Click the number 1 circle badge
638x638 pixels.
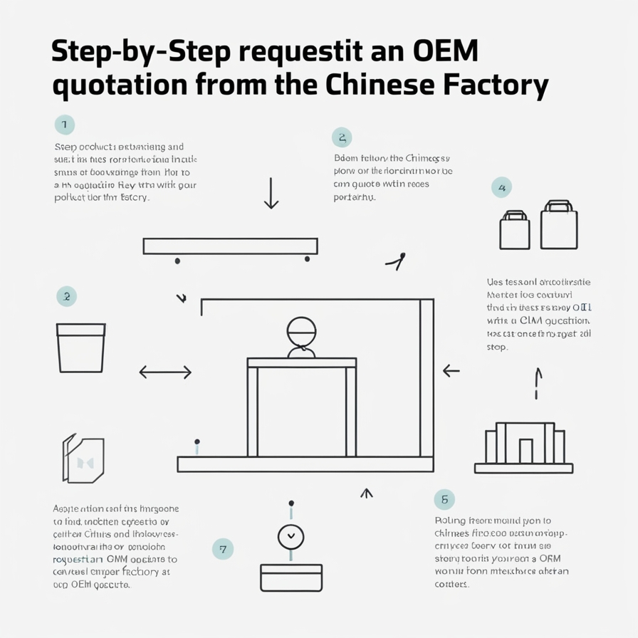click(64, 125)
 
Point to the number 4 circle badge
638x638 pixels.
click(502, 188)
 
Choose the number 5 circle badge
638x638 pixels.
click(444, 499)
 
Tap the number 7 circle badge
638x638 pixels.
click(223, 549)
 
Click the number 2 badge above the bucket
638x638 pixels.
click(66, 296)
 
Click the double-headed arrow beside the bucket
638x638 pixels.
click(165, 372)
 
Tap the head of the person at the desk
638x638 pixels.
click(301, 331)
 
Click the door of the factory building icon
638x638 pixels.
click(525, 451)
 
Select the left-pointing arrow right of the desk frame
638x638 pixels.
click(451, 371)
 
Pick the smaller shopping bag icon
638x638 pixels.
click(514, 230)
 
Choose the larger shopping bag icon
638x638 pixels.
click(558, 224)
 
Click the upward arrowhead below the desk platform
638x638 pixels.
click(367, 492)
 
